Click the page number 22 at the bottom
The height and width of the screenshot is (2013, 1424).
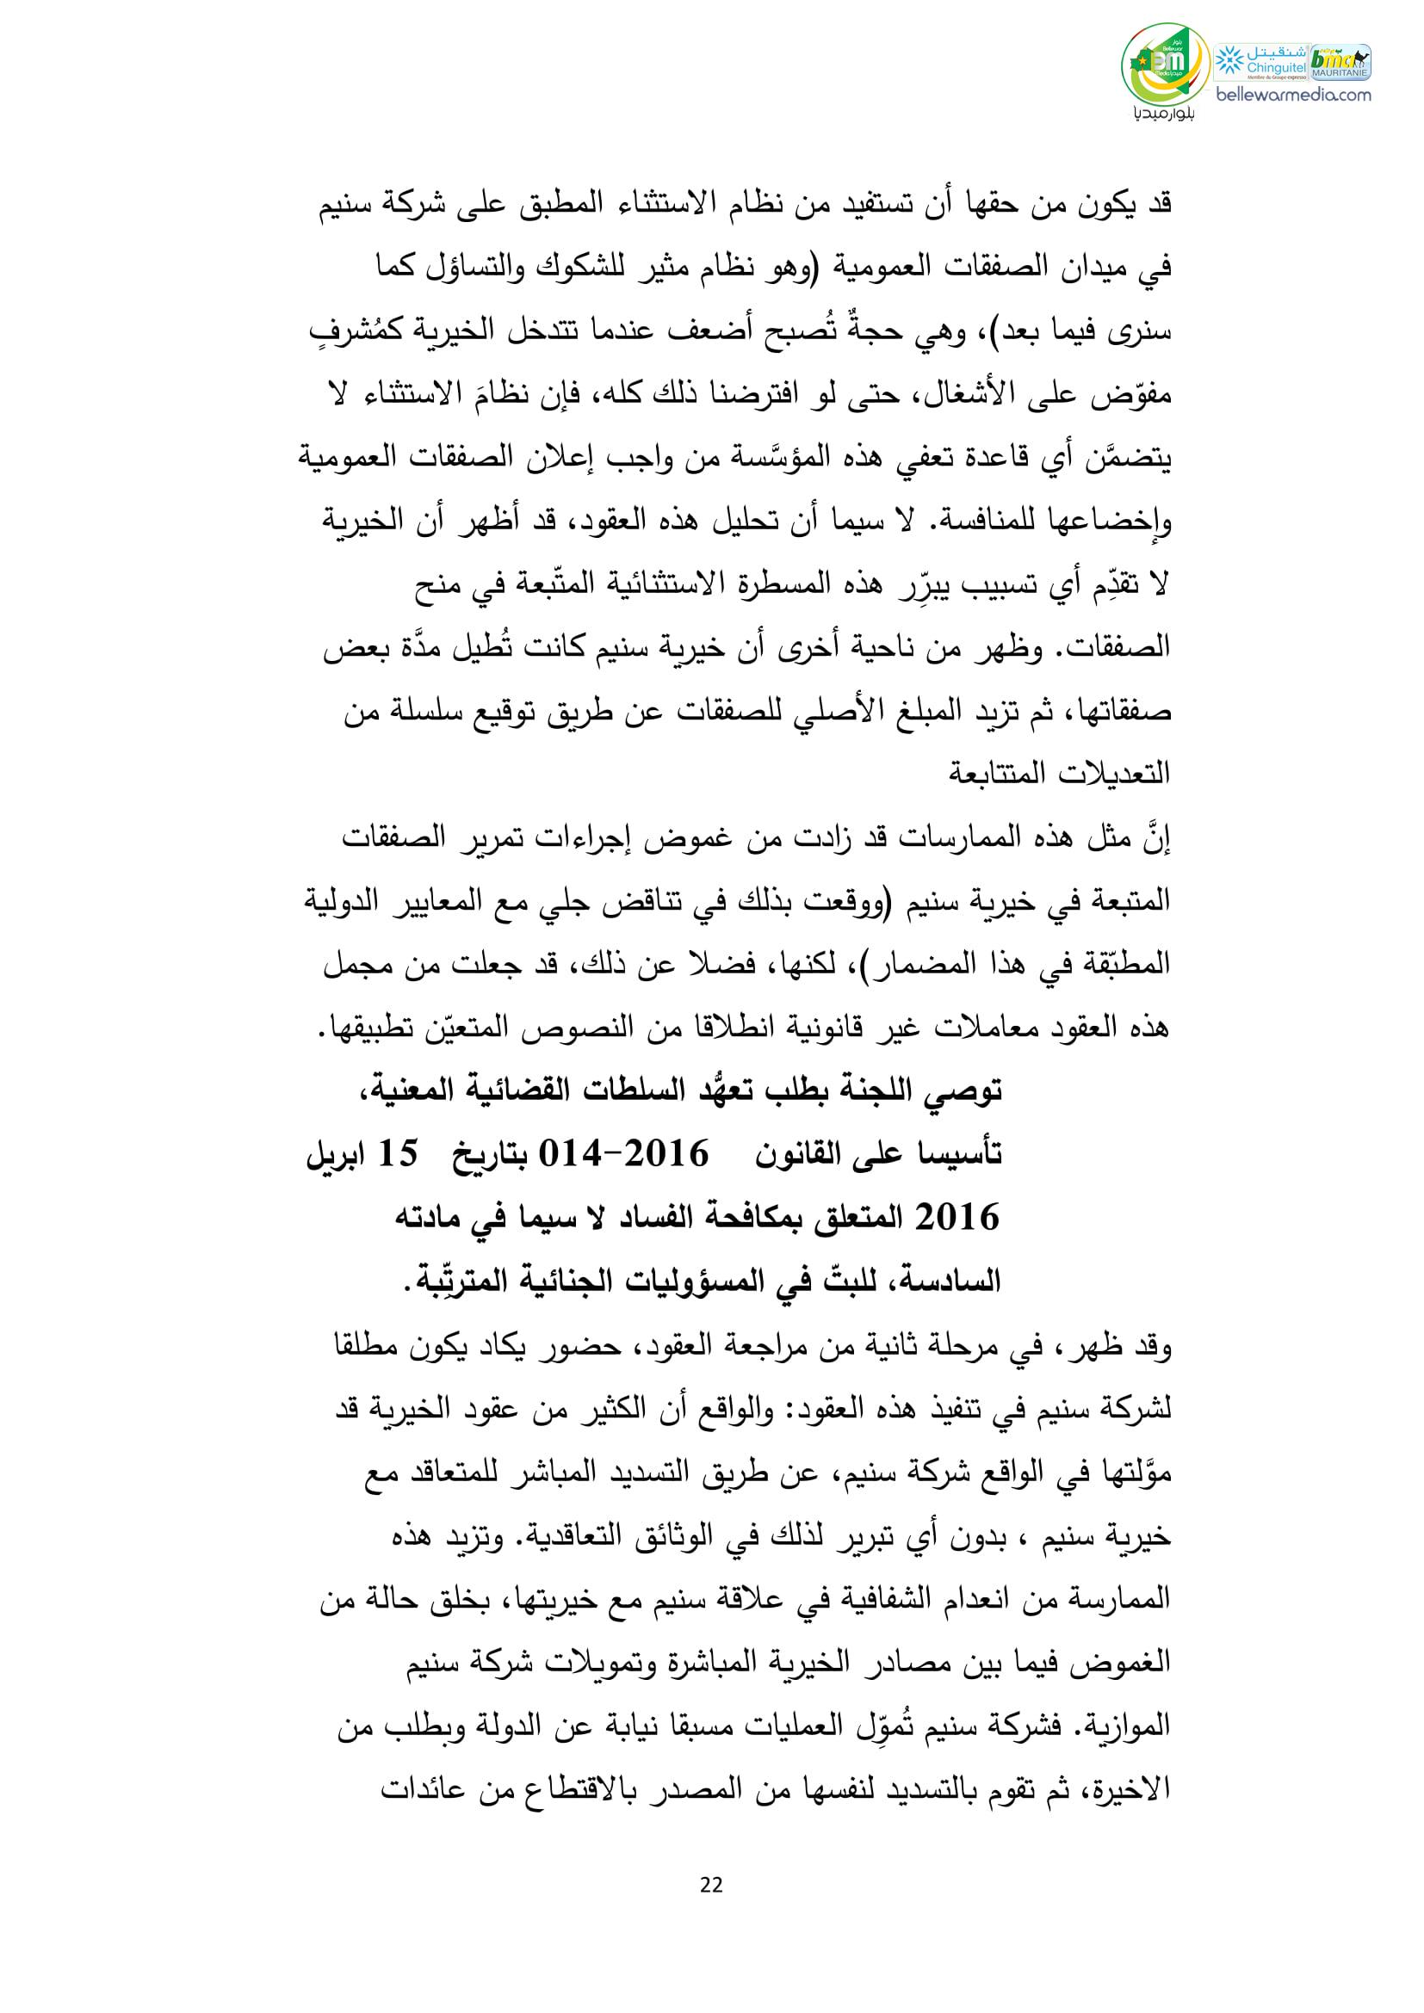pos(712,1880)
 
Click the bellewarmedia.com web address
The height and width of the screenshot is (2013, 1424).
pos(1294,95)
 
